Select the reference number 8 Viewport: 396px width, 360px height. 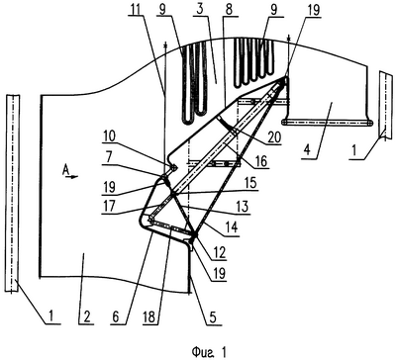[229, 10]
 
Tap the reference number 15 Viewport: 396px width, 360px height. [251, 183]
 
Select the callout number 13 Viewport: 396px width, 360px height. [242, 207]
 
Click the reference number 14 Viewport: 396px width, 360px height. [232, 228]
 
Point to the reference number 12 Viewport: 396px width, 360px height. [220, 252]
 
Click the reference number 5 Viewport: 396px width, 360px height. [213, 317]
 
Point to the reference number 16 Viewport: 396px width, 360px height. [261, 161]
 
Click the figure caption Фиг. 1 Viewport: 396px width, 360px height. [209, 352]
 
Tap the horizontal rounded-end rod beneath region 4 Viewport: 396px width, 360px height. [328, 123]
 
